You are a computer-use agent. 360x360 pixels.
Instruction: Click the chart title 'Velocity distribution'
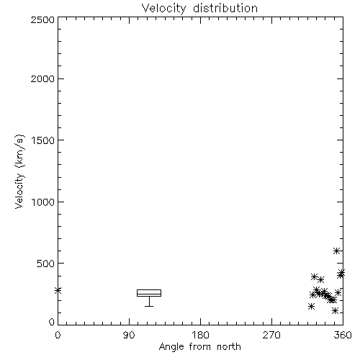(x=199, y=9)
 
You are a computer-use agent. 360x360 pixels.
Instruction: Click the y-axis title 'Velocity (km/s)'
(x=19, y=171)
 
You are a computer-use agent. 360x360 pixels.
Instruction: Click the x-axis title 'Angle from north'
(x=199, y=347)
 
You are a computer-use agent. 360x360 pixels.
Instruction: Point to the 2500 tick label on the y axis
(x=42, y=19)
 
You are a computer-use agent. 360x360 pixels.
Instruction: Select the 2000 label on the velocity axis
(x=42, y=78)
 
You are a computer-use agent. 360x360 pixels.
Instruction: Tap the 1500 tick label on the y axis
(x=43, y=140)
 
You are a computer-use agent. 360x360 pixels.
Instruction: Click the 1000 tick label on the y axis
(x=43, y=202)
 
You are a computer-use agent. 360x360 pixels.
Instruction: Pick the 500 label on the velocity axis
(x=46, y=264)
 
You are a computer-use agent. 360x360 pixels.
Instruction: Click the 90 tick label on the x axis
(x=129, y=335)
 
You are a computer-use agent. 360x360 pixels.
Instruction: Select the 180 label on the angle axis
(x=200, y=335)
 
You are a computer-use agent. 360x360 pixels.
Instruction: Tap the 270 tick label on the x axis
(x=271, y=335)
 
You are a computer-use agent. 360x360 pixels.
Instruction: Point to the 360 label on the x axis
(x=343, y=335)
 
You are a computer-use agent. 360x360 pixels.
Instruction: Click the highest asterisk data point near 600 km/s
(x=336, y=251)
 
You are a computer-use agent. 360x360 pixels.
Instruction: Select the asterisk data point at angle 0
(x=58, y=291)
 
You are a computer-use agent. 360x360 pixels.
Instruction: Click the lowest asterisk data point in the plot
(x=335, y=311)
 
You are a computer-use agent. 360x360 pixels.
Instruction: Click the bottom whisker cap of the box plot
(x=149, y=306)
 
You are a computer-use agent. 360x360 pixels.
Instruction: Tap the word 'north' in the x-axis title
(x=229, y=347)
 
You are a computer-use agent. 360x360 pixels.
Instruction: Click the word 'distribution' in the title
(x=225, y=8)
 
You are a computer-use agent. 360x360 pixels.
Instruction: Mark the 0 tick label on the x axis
(x=58, y=335)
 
